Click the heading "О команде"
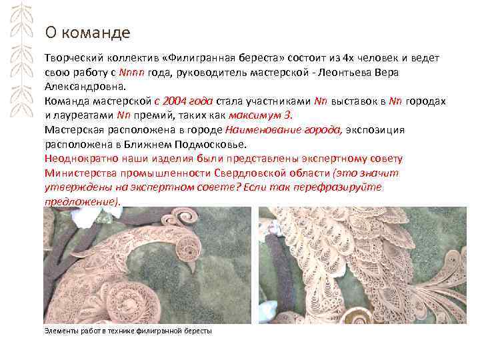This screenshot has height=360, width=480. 87,32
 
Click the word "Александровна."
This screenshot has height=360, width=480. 85,86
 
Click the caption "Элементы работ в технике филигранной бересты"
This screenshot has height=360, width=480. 127,330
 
